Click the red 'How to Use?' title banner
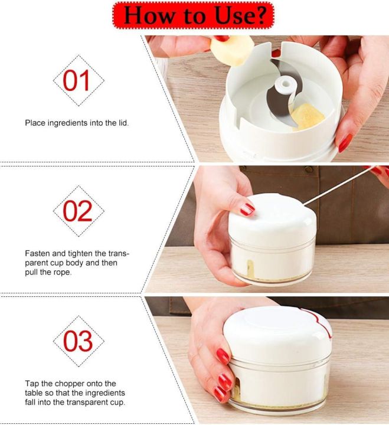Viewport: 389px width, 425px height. [x=193, y=15]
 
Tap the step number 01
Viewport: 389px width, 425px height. [x=76, y=80]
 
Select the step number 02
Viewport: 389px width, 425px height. [x=77, y=211]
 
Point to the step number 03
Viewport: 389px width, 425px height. [x=78, y=341]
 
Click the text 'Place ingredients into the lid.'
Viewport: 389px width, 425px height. [x=77, y=123]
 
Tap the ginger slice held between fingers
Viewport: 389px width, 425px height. [x=231, y=51]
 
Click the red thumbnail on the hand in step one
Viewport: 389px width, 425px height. [x=345, y=143]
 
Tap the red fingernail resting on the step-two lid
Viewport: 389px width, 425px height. [x=247, y=209]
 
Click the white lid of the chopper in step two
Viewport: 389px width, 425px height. [x=272, y=217]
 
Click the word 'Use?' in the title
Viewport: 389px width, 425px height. [x=240, y=15]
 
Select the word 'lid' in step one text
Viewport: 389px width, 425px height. [x=123, y=123]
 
